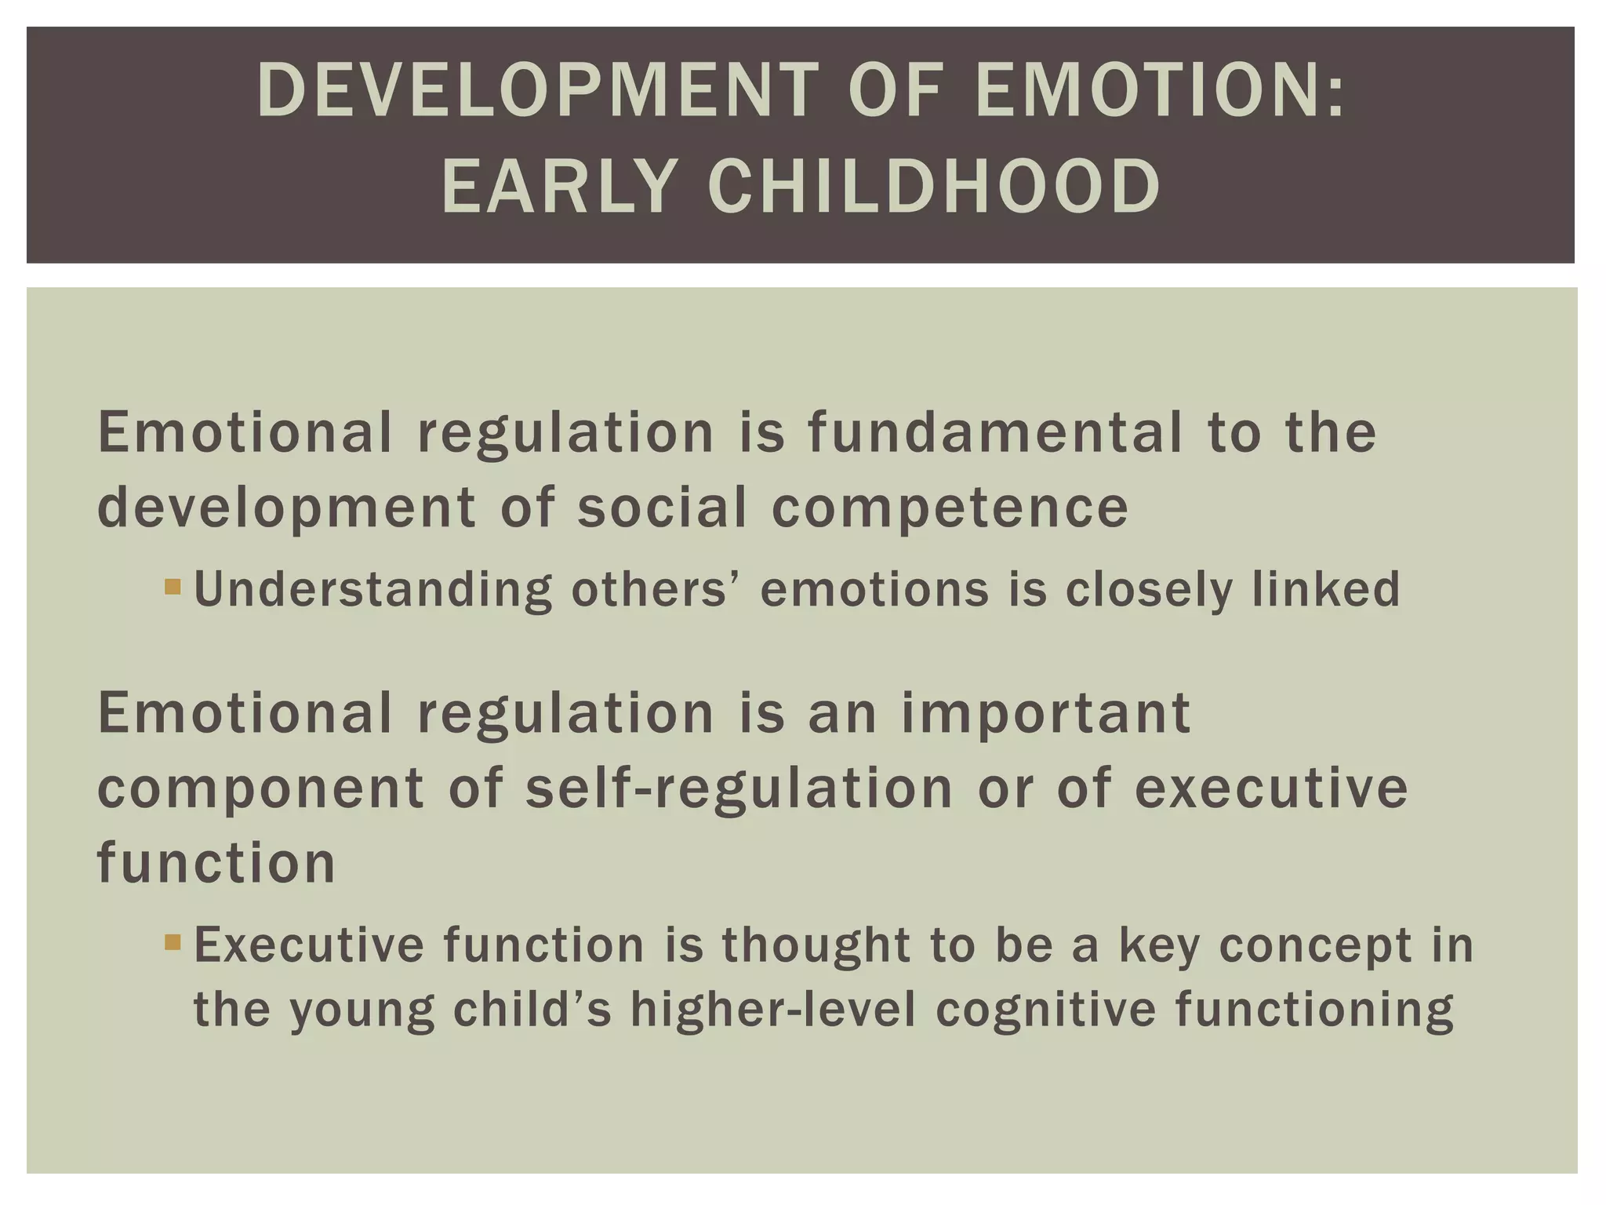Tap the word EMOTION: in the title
pyautogui.click(x=1160, y=92)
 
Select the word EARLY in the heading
pyautogui.click(x=558, y=187)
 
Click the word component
pyautogui.click(x=260, y=789)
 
